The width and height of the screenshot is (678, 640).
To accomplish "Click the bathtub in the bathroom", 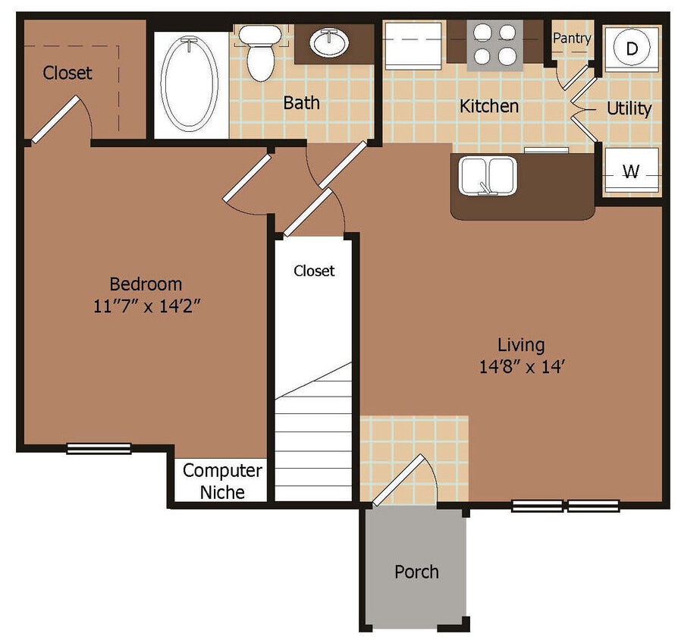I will click(190, 84).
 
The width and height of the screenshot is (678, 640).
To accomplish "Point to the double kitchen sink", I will click(487, 176).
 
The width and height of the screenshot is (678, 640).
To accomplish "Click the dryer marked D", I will click(631, 49).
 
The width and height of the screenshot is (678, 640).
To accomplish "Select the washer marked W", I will click(630, 172).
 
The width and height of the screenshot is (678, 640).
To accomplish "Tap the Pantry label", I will click(572, 37).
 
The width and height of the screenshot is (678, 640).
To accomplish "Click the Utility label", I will click(629, 109).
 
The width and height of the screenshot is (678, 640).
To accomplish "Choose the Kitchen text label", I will click(489, 106).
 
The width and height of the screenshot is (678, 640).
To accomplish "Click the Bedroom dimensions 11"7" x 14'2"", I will click(146, 306).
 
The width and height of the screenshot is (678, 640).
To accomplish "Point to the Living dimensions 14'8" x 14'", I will click(520, 367).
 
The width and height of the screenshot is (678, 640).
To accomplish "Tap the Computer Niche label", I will click(222, 481).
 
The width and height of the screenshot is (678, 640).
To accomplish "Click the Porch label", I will click(416, 572).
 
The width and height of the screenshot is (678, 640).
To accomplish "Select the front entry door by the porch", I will click(400, 480).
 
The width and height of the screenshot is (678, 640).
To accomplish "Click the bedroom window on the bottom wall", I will click(99, 448).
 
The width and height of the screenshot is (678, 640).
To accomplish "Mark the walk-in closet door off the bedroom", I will click(55, 119).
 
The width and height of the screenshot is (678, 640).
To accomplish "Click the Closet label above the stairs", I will click(314, 271).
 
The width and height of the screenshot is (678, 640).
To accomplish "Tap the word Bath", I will click(301, 102).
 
